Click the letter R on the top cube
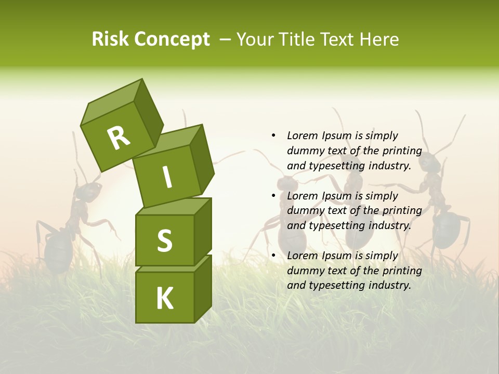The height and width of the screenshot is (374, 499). pos(119,138)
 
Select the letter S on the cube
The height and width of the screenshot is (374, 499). pos(164,240)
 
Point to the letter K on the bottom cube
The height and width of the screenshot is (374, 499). pos(164,299)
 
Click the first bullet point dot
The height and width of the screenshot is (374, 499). pos(273,136)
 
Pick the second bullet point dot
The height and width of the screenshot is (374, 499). pos(273,196)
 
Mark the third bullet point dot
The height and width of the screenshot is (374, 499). pos(273,256)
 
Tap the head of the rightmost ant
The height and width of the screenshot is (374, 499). pos(430,165)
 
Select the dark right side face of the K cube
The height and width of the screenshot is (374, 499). pos(203,290)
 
